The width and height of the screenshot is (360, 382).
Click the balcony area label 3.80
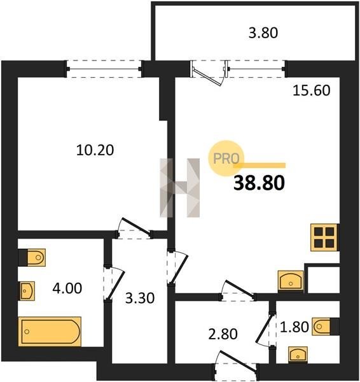click(x=263, y=33)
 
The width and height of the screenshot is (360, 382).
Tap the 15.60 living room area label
click(x=311, y=90)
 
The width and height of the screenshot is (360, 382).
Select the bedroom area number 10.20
click(x=95, y=150)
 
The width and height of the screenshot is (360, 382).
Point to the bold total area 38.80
click(x=259, y=183)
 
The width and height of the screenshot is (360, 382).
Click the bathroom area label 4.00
click(x=67, y=288)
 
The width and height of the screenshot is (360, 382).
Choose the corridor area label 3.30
click(x=140, y=298)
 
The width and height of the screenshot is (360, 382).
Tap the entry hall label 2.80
click(x=223, y=334)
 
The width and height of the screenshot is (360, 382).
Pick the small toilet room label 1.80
click(x=294, y=327)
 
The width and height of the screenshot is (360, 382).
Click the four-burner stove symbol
click(x=324, y=237)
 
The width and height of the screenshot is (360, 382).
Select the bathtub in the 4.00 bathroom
click(x=50, y=332)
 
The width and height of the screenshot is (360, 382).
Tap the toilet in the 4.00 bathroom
click(x=32, y=257)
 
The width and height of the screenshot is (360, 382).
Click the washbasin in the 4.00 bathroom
click(x=27, y=291)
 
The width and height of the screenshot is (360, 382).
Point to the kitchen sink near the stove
click(x=291, y=281)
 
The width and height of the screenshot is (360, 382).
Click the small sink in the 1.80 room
click(x=298, y=354)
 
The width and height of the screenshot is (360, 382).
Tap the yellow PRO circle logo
click(x=226, y=158)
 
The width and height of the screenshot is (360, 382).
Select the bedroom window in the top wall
click(x=104, y=69)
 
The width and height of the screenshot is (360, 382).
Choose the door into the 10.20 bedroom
click(x=134, y=229)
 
